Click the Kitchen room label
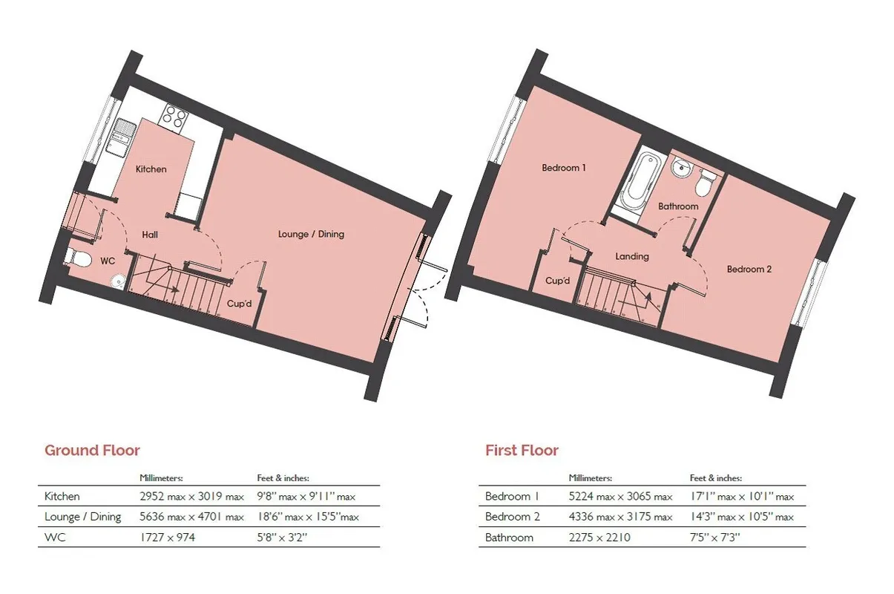coord(151,169)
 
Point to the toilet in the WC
coord(78,258)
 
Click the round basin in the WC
coord(117,281)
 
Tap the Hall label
coord(150,235)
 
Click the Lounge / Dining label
coord(311,234)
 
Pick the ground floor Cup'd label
coord(239,304)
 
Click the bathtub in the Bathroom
coord(640,183)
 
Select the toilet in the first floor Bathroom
coord(705,183)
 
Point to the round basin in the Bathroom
coord(681,168)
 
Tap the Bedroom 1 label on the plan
coord(564,168)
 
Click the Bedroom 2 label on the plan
coord(749,270)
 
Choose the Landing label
coord(632,256)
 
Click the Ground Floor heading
coord(92,450)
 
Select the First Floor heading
coord(522,450)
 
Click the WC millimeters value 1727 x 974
coord(167,538)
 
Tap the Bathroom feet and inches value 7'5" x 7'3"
coord(714,538)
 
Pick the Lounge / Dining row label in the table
coord(82,517)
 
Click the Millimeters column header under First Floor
coord(591,477)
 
